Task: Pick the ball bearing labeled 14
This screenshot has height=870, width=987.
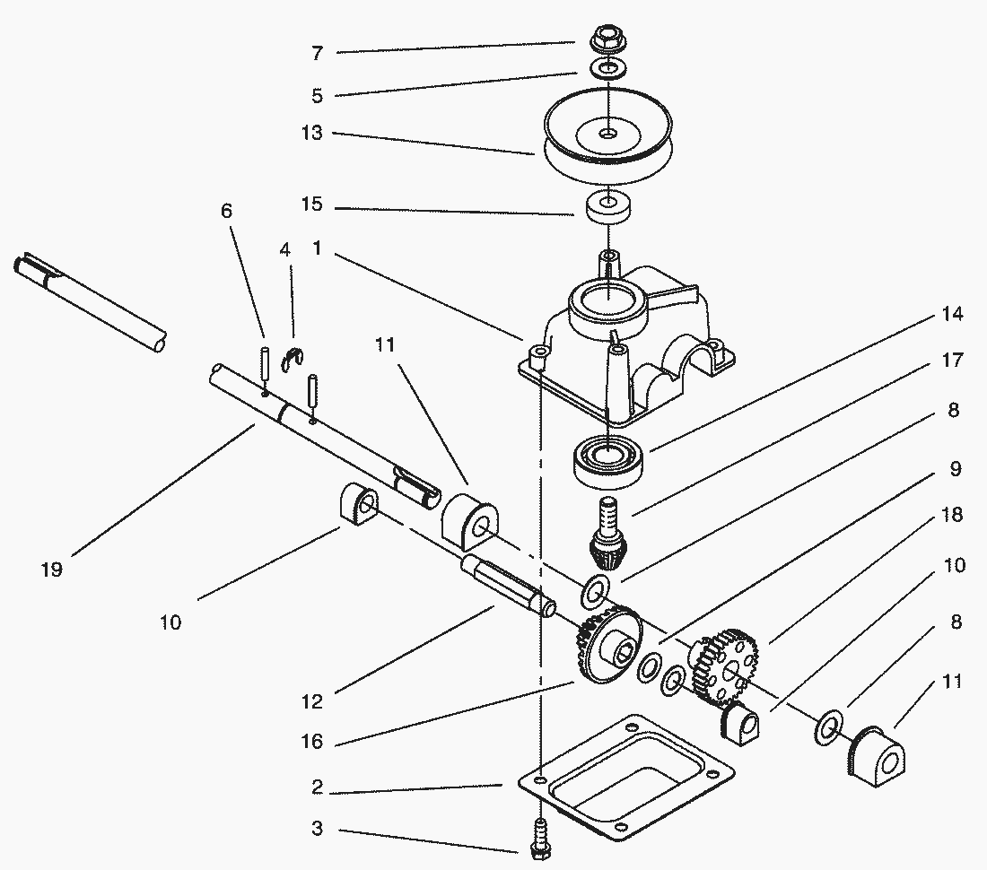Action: (x=607, y=459)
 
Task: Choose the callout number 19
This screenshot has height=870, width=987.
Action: (x=52, y=569)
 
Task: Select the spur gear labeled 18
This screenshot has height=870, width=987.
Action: (x=727, y=664)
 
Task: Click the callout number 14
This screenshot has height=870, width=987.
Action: (x=953, y=314)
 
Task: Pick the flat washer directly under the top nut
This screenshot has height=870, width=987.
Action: (x=607, y=69)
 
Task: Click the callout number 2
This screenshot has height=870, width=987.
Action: (x=317, y=789)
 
